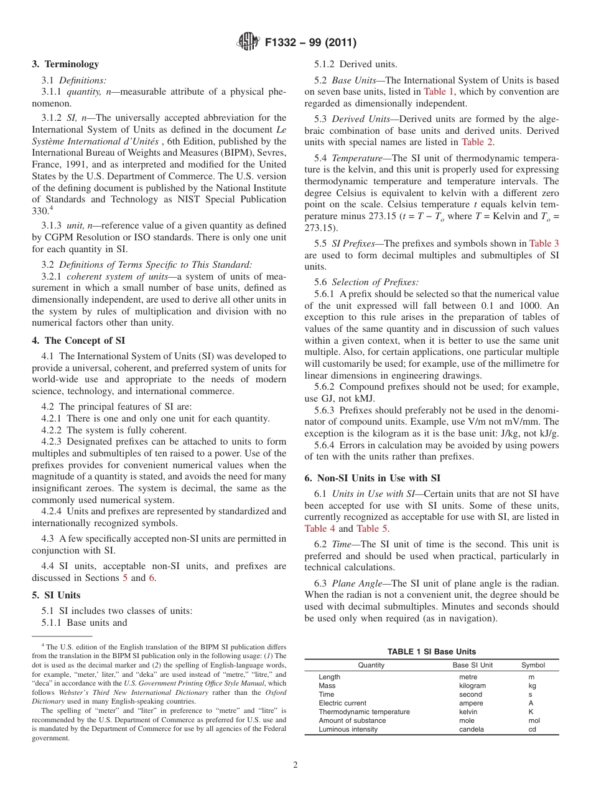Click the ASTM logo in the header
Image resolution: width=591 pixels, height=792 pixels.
coord(249,42)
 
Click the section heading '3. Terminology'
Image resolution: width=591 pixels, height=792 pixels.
coord(65,64)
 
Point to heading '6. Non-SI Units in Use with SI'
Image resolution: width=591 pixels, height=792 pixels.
coord(372,478)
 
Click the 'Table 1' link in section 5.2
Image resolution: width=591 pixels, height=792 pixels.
coord(439,92)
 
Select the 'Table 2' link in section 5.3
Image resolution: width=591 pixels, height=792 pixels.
coord(477,142)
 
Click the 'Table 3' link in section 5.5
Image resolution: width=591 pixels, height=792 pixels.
coord(544,243)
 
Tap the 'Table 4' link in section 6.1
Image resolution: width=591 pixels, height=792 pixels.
coord(320,529)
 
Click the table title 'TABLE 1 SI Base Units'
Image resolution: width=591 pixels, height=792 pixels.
coord(431,652)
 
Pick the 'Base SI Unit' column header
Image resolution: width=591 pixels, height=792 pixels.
coord(472,666)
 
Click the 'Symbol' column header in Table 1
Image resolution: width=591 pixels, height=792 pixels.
coord(533,666)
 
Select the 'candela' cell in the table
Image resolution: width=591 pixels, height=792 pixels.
coord(472,729)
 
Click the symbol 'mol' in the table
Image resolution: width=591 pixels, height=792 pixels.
coord(534,720)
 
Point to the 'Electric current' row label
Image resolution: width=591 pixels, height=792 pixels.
coord(342,703)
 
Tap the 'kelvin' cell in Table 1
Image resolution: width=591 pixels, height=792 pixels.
coord(468,712)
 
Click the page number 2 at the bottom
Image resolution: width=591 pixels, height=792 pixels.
coord(295,765)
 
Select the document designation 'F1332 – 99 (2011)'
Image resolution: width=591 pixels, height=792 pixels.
coord(310,43)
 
